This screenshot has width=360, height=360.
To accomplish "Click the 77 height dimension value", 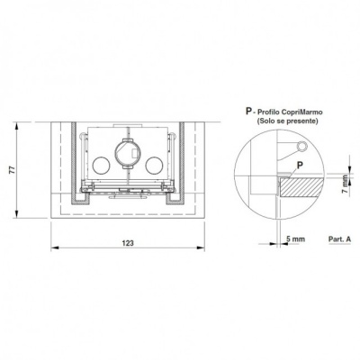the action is (x=12, y=170).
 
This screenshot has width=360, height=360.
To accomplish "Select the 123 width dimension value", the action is (x=128, y=243).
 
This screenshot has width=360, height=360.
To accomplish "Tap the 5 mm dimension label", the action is (x=295, y=239).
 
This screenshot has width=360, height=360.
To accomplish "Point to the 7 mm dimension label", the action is (x=346, y=186).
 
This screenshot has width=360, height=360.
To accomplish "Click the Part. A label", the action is (x=339, y=239).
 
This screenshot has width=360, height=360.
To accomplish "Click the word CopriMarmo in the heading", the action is (x=307, y=112).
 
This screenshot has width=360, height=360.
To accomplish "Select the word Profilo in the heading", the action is (x=278, y=112).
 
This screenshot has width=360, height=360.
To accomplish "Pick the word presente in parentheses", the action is (x=302, y=121).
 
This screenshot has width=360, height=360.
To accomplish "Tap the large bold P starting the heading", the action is (x=248, y=112).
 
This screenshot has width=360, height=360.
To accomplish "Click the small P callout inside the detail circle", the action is (x=299, y=165).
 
